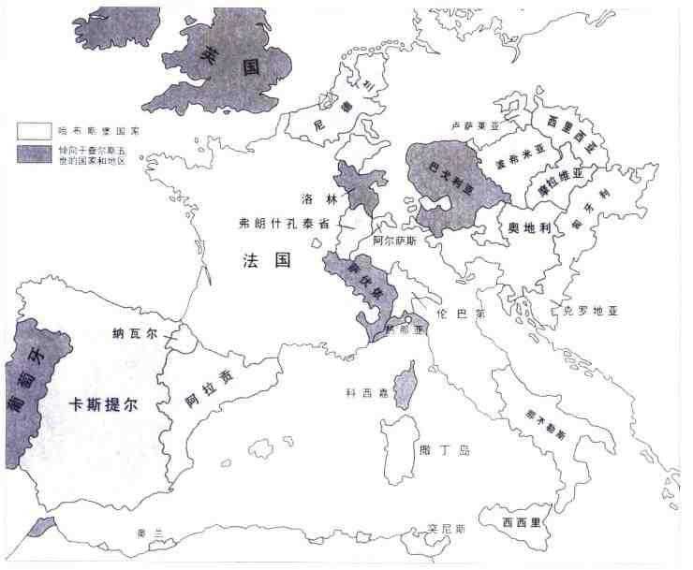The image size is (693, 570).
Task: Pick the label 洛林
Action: tap(312, 198)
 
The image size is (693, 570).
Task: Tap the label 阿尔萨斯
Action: tap(392, 240)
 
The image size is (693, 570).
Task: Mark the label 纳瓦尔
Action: tap(132, 333)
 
